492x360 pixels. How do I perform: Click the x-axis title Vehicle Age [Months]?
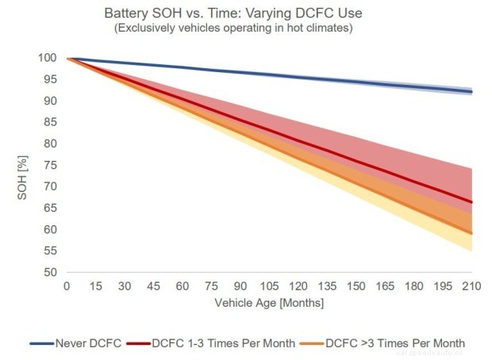(x=270, y=303)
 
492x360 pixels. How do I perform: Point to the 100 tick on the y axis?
(x=48, y=59)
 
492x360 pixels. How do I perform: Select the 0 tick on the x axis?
(x=67, y=285)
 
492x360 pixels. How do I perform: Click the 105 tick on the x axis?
(x=270, y=285)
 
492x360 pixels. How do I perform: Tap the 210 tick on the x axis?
(x=472, y=285)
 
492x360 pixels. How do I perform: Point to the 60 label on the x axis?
(x=183, y=285)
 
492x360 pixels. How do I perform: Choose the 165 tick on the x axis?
(x=386, y=285)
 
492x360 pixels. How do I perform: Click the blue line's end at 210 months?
(x=472, y=92)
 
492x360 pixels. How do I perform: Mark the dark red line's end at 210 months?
(x=472, y=202)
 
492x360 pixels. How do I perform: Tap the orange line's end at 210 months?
(x=472, y=233)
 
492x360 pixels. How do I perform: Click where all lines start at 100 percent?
(x=68, y=59)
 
